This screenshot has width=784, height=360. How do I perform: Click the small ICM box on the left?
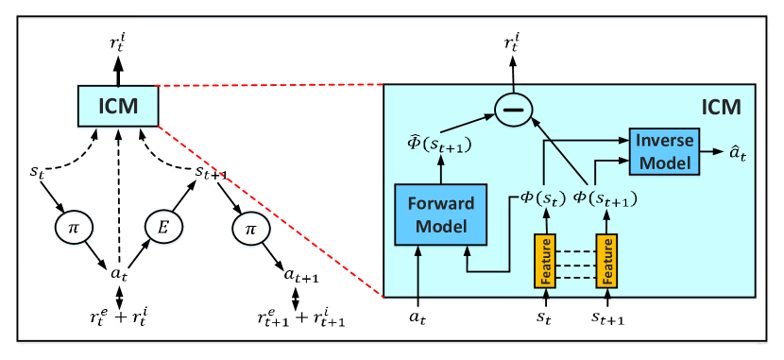pos(118,106)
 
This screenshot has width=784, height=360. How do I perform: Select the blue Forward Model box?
pos(440,214)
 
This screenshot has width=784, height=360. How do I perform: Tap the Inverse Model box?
pos(664,150)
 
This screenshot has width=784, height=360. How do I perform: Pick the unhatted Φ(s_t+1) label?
pos(605,199)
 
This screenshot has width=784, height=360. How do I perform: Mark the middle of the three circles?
pos(162,229)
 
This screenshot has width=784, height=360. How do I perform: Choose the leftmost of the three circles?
pos(74,229)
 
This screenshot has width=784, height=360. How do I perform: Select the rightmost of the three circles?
pos(249,229)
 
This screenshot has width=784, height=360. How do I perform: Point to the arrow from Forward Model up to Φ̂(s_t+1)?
pos(440,171)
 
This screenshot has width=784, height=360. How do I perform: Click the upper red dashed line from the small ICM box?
pos(269,85)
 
